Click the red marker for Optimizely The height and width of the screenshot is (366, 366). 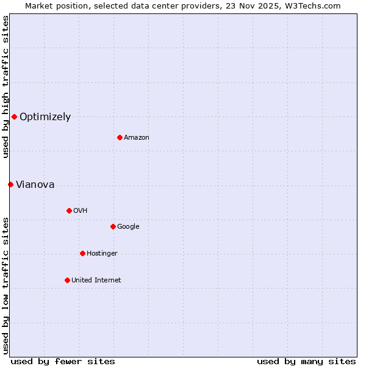coord(14,117)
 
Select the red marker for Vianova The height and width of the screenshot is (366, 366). coord(10,184)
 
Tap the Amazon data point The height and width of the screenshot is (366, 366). coord(120,137)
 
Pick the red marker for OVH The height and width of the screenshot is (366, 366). coord(69,210)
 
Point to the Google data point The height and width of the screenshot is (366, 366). coord(113,226)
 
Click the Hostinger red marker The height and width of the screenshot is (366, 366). coord(82,253)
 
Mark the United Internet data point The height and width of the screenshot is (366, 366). coord(67,280)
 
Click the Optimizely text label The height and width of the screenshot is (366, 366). coord(45,117)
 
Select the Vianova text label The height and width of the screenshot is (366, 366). coord(35,185)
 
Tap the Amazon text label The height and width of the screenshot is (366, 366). coord(137,138)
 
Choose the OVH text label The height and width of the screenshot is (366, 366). coord(81,211)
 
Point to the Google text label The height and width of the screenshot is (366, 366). coord(128,227)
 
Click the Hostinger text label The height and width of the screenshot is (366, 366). coord(102,254)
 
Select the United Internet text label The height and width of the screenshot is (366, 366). coord(96,281)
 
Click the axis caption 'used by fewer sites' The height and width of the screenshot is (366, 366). coord(63,361)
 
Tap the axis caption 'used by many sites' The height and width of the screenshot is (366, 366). coord(306,361)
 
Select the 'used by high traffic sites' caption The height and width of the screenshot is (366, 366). coord(5,87)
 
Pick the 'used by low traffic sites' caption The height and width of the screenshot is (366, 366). coord(5,285)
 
